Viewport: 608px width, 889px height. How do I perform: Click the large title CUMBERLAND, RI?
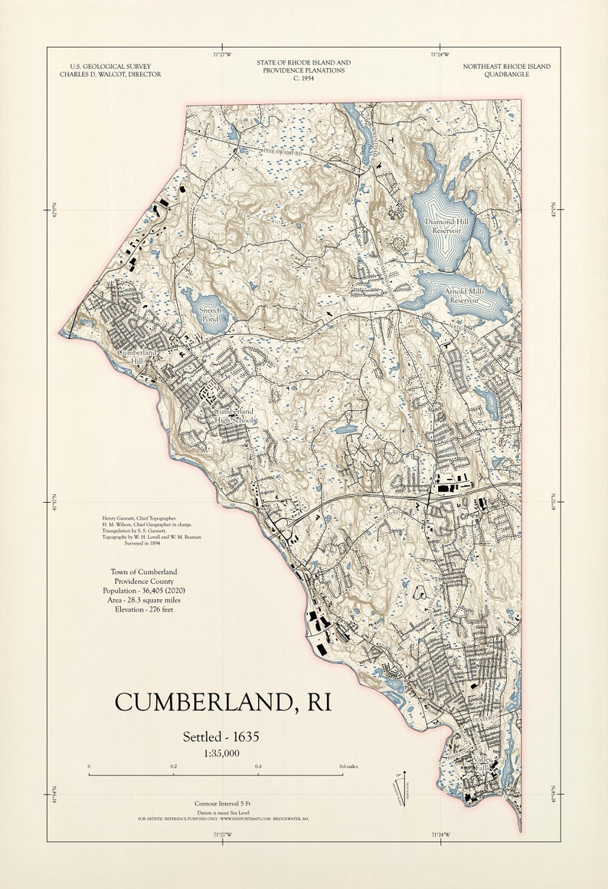tap(223, 702)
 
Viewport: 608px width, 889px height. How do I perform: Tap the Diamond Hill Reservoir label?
tap(450, 225)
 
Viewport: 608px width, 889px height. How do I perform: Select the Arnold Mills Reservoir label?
tap(463, 296)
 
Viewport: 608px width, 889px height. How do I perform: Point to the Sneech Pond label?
tap(210, 314)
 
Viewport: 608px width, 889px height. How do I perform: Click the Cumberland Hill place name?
tap(136, 356)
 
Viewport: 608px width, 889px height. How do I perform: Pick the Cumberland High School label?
tap(235, 416)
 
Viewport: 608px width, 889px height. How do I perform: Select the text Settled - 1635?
tap(221, 736)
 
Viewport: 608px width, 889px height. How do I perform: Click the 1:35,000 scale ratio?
tap(221, 753)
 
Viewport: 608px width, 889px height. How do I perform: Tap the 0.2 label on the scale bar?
tap(174, 766)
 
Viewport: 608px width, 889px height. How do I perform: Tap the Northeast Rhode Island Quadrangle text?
tap(507, 71)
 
